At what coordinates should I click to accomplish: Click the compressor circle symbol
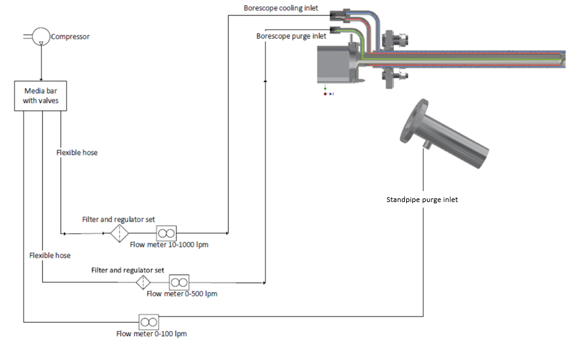(x=40, y=37)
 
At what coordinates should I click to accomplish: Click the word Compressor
(x=70, y=37)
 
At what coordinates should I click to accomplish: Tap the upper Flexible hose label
(x=77, y=152)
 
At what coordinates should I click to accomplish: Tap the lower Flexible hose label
(x=50, y=255)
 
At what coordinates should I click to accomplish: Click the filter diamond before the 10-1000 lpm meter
(x=120, y=233)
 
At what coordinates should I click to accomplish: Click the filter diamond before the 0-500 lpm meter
(x=143, y=282)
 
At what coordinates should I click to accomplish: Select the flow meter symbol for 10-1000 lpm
(x=166, y=233)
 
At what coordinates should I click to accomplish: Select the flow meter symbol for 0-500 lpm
(x=179, y=282)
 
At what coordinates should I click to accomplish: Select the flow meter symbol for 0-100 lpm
(x=148, y=321)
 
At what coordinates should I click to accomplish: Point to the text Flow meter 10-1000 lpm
(x=168, y=245)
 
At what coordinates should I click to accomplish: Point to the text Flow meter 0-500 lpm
(x=182, y=294)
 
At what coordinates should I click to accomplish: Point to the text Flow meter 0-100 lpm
(x=151, y=334)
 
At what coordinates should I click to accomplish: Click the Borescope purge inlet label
(x=291, y=36)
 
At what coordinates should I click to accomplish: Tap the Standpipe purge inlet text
(x=422, y=200)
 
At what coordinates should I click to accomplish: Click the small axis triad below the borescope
(x=327, y=92)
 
